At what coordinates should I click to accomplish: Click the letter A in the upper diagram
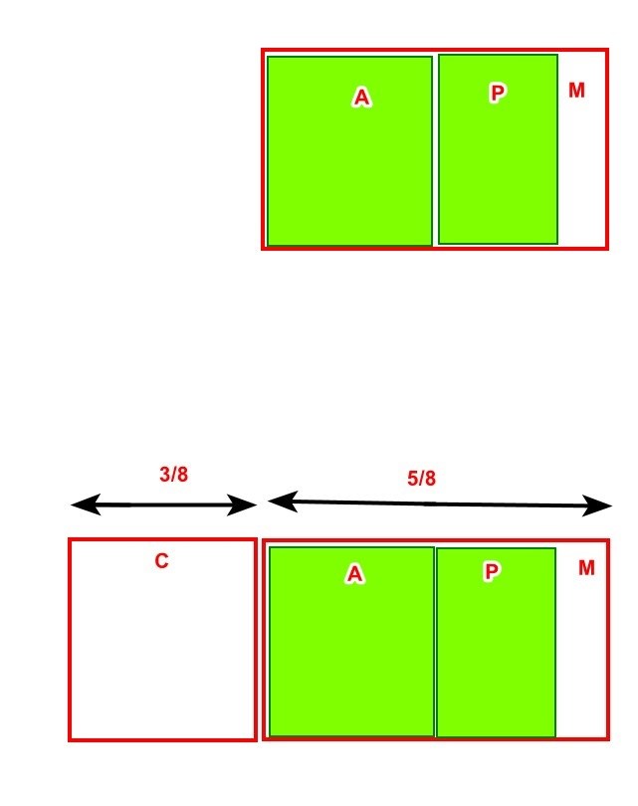point(362,97)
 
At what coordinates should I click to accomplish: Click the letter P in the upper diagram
point(497,94)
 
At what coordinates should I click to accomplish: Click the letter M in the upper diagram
point(576,90)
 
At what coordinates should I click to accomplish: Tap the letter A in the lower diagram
point(354,573)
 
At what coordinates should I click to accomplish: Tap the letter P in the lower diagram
point(492,571)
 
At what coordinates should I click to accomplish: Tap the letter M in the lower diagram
point(586,567)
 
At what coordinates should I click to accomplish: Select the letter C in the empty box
point(161,560)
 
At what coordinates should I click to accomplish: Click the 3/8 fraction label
point(174,474)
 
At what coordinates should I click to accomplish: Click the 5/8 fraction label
point(421,478)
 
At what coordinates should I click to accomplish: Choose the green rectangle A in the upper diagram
point(349,151)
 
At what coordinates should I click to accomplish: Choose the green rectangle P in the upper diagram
point(499,149)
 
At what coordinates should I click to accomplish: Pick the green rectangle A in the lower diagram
point(351,642)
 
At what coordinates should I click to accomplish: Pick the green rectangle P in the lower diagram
point(496,643)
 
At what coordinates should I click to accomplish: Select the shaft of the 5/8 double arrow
point(440,504)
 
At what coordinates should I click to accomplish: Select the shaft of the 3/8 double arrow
point(163,505)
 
